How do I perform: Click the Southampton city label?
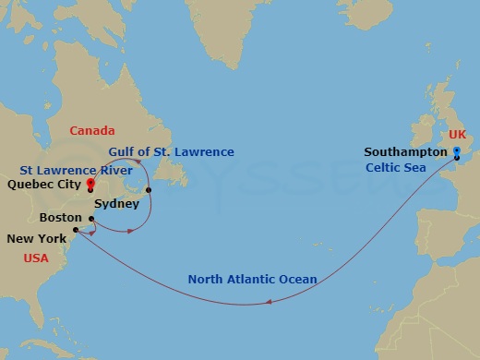[404, 151]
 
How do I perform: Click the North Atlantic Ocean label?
[252, 279]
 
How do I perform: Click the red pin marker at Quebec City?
[90, 184]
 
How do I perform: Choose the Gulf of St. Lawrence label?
[171, 152]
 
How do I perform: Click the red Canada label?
[92, 131]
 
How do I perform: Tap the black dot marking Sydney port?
[148, 189]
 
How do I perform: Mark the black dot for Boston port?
[90, 219]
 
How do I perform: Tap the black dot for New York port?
[76, 231]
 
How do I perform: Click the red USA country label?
[37, 258]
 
